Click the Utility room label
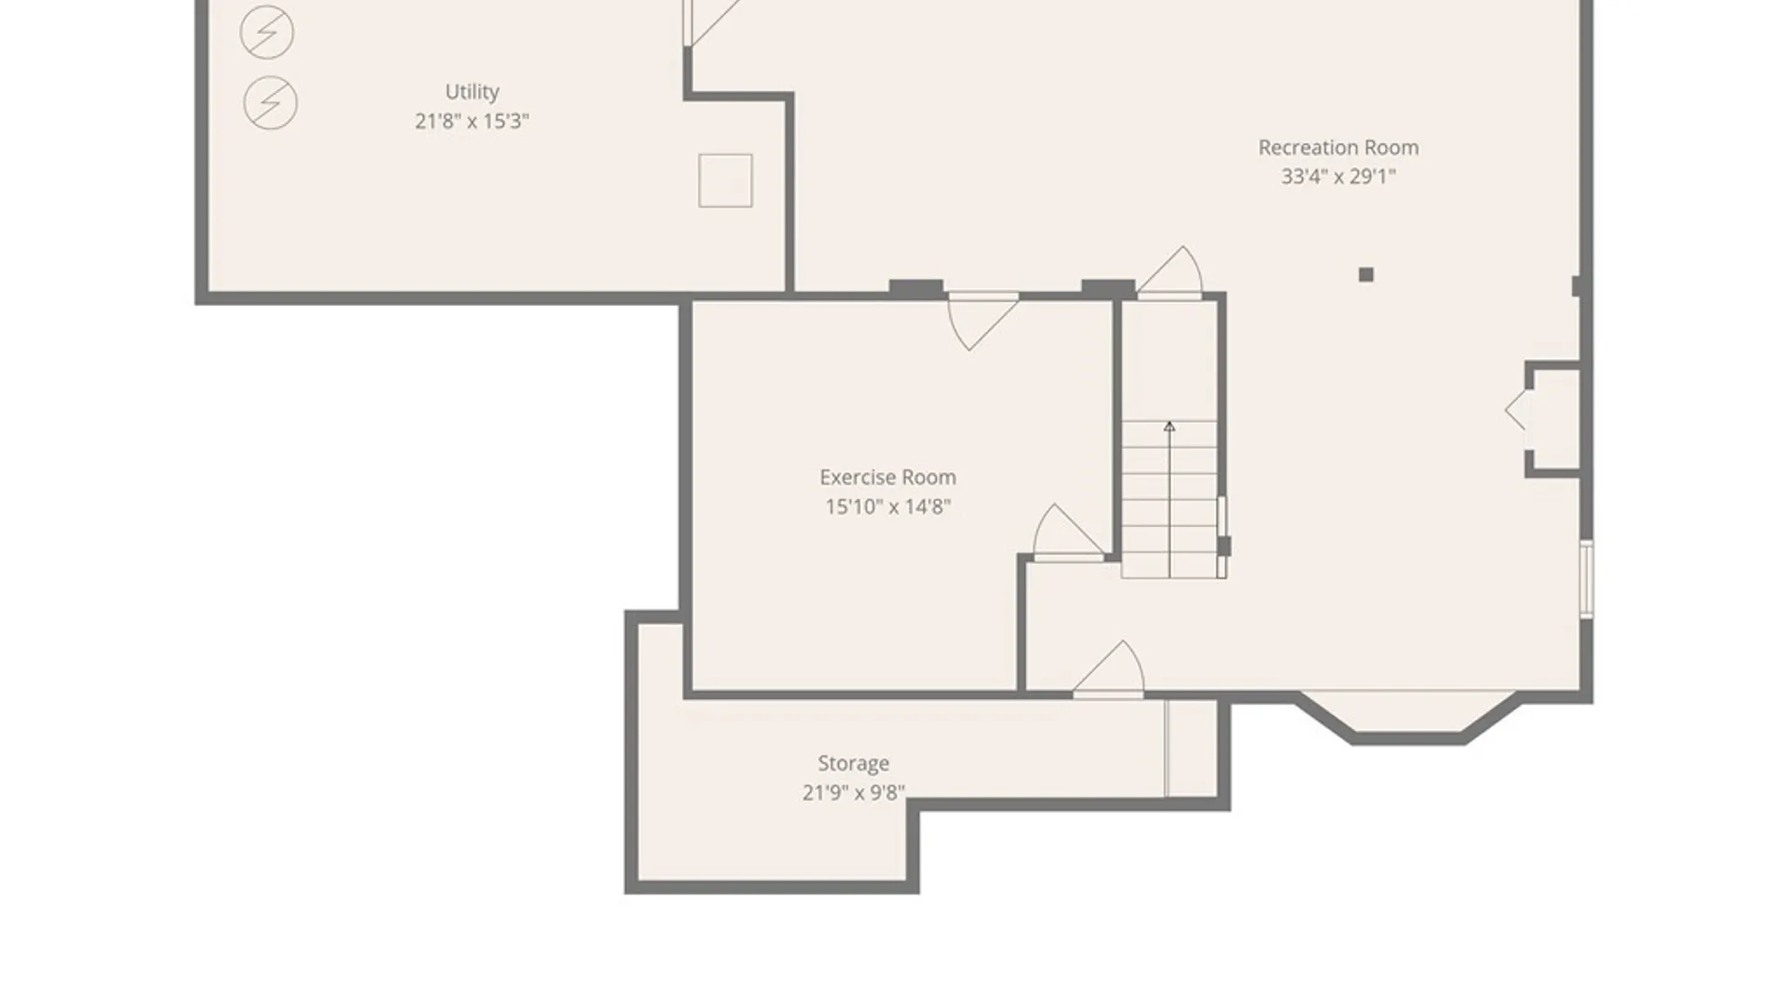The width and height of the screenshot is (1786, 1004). click(472, 91)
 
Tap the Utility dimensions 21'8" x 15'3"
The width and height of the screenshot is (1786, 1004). click(472, 121)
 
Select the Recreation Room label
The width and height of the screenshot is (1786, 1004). click(1338, 147)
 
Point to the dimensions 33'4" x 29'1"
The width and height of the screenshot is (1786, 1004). click(1338, 177)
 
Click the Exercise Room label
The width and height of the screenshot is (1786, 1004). click(887, 477)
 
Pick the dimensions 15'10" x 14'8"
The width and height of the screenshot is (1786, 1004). click(887, 507)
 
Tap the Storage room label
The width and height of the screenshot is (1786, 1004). click(853, 763)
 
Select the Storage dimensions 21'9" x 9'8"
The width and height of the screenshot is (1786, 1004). click(853, 793)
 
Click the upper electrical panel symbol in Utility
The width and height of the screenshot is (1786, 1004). click(267, 33)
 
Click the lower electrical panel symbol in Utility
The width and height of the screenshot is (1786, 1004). click(271, 102)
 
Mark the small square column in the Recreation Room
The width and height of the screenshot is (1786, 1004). click(1366, 274)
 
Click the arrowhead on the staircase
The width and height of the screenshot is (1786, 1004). click(1169, 426)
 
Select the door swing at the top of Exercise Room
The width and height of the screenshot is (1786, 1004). click(981, 321)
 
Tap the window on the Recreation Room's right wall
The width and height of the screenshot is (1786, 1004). click(1586, 578)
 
